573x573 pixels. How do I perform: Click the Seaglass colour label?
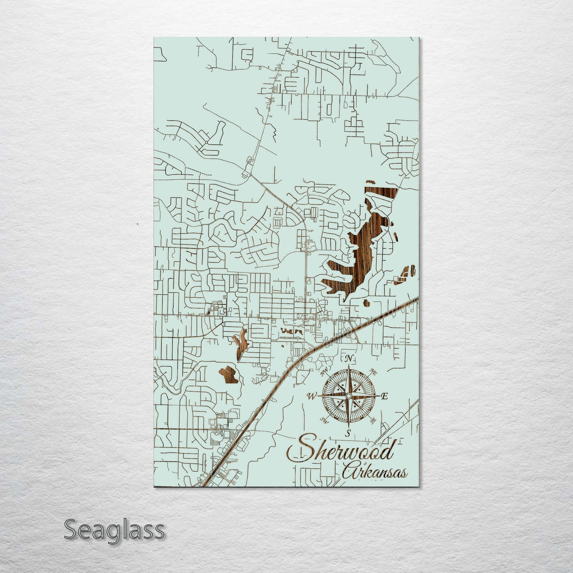[114, 530]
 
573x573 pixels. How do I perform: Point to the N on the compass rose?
[349, 359]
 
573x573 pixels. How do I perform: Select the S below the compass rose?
[348, 433]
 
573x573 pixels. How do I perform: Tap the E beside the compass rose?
[384, 396]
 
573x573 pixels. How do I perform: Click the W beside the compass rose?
[311, 395]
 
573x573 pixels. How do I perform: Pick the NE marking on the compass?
[373, 371]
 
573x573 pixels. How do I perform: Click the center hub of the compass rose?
[348, 396]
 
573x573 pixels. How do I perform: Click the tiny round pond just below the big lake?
[366, 304]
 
